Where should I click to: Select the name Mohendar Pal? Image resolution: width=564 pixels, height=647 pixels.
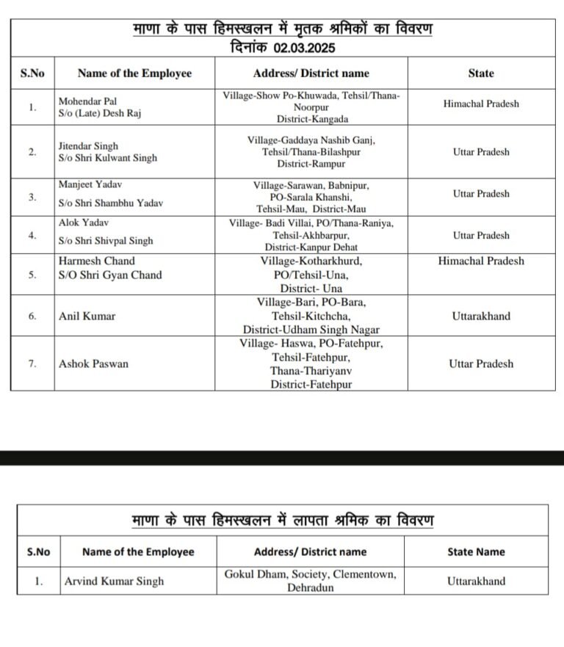point(87,101)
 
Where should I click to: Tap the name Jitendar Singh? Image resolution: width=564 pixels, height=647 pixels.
point(88,146)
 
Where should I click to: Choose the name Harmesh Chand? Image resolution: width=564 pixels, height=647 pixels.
point(97,261)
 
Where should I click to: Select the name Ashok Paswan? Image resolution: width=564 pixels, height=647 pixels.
point(93,364)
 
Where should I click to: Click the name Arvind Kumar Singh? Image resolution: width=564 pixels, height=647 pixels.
point(114,581)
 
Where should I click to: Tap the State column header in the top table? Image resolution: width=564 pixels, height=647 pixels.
point(481,73)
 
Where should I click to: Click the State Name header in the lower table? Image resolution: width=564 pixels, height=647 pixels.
point(476,552)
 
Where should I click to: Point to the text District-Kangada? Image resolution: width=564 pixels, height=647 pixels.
point(312,119)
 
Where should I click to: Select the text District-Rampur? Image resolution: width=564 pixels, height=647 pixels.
point(311,164)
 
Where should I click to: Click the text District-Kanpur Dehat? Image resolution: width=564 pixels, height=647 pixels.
point(312,247)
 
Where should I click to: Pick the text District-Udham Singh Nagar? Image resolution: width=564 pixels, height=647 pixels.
point(311,330)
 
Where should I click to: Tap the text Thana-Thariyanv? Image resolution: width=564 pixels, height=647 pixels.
point(311,371)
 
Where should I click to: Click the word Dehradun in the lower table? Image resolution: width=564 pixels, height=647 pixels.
point(311,588)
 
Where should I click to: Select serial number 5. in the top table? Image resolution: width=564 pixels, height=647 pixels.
point(32,275)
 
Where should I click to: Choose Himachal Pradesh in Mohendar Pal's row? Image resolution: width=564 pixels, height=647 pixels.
point(481,104)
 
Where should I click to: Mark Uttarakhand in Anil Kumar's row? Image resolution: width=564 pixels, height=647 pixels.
point(481,317)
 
